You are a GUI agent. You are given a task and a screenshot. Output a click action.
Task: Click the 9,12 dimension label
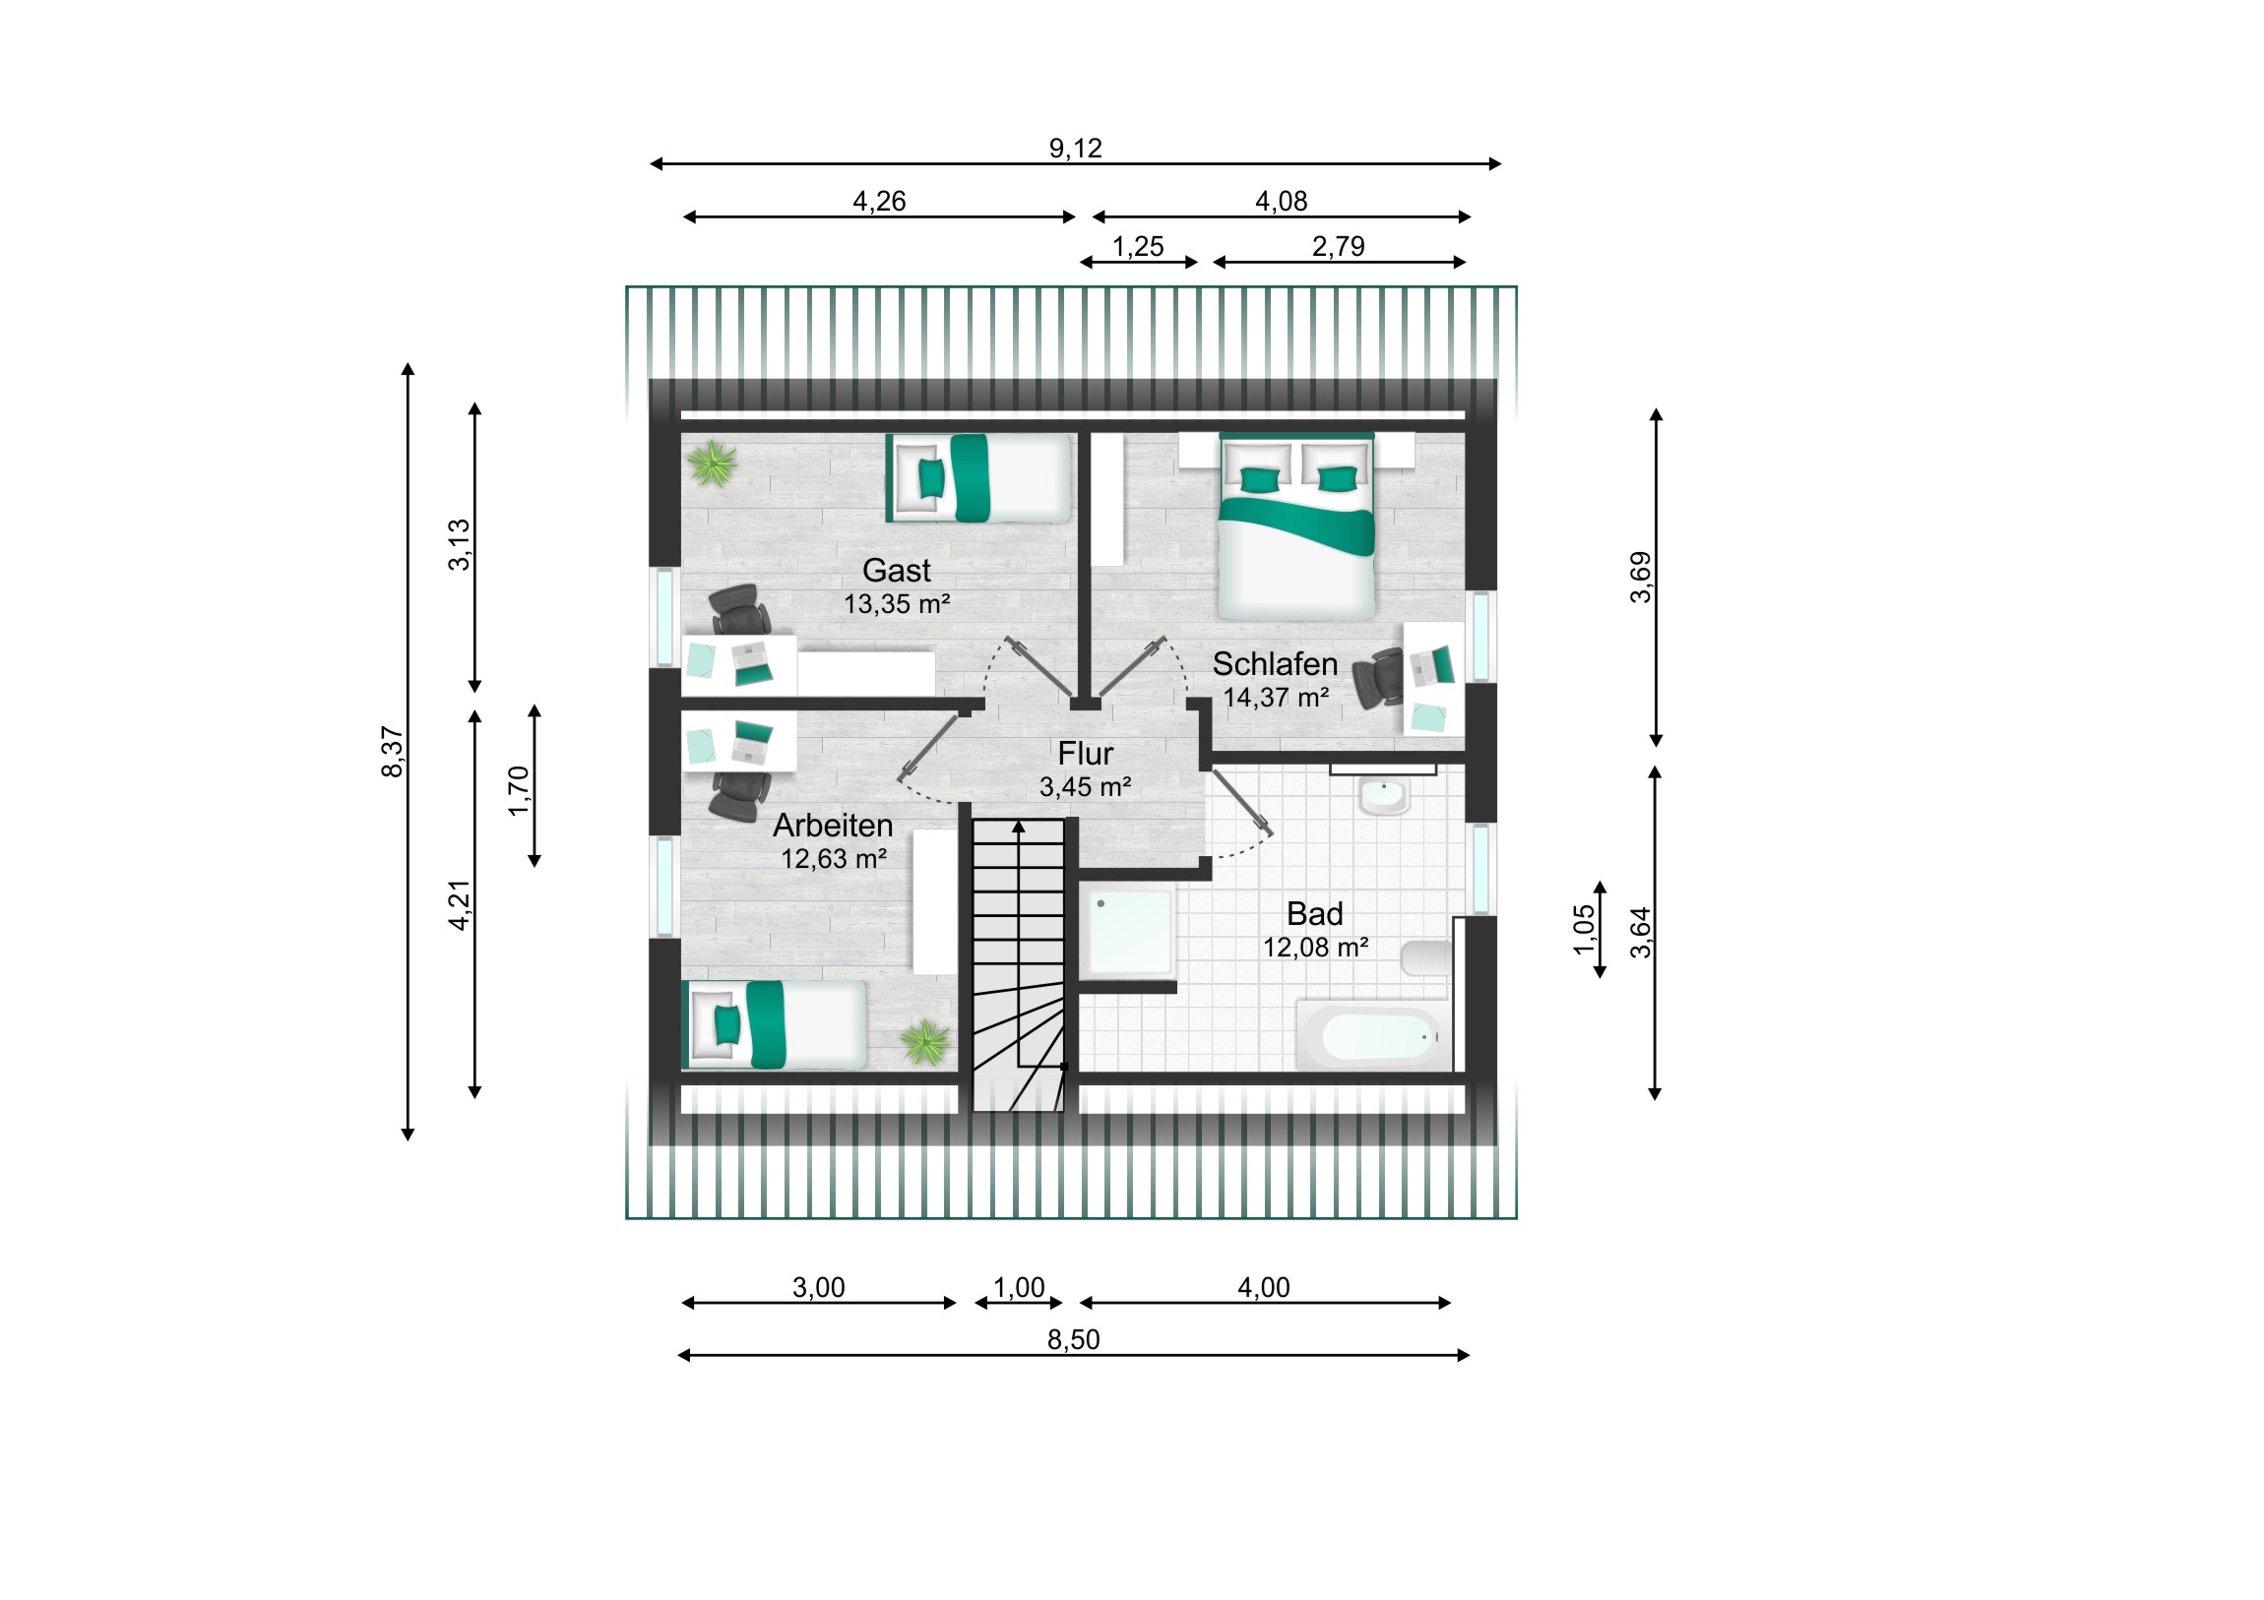[x=1075, y=148]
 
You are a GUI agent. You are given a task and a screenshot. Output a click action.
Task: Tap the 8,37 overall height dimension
[x=393, y=752]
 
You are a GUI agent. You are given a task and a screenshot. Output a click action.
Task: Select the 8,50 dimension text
[x=1073, y=1340]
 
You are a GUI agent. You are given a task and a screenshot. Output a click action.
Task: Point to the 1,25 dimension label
[x=1138, y=246]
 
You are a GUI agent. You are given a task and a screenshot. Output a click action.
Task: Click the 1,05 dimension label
[x=1584, y=930]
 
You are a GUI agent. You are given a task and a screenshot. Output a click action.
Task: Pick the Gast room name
[x=897, y=570]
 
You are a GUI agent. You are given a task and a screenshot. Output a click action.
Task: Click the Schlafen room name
[x=1275, y=663]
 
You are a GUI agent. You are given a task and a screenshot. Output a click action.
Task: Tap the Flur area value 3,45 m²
[x=1085, y=786]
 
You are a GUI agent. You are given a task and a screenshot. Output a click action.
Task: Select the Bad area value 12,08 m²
[x=1315, y=948]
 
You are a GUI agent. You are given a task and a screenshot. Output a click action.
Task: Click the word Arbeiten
[x=832, y=826]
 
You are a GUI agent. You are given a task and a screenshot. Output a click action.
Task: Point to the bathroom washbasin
[x=1384, y=795]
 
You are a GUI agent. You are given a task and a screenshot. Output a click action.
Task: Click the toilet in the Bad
[x=1426, y=957]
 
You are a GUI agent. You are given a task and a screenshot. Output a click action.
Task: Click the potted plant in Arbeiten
[x=925, y=1043]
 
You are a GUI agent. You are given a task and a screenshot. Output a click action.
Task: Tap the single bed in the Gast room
[x=978, y=478]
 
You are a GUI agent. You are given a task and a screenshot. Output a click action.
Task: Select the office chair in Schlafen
[x=1377, y=678]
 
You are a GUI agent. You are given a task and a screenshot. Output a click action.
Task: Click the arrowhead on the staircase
[x=1019, y=828]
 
